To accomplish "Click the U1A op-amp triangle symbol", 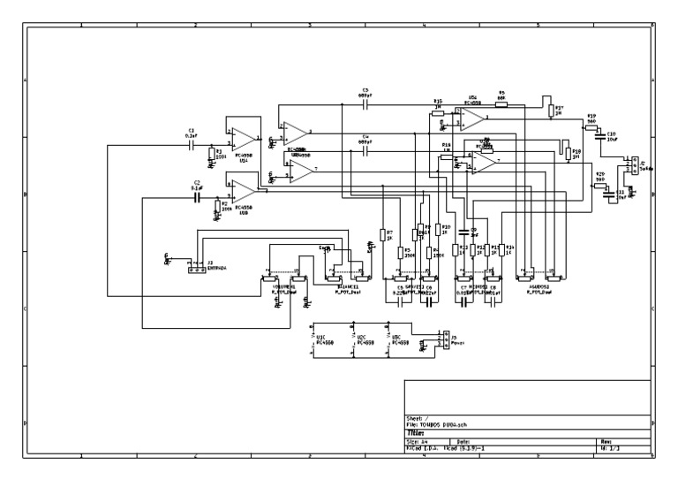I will pyautogui.click(x=243, y=139).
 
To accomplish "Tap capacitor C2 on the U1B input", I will pyautogui.click(x=196, y=198).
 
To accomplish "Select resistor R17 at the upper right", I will pyautogui.click(x=551, y=110).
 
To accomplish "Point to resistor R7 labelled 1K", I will pyautogui.click(x=382, y=235).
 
